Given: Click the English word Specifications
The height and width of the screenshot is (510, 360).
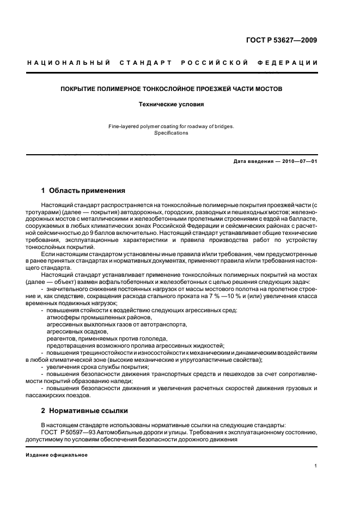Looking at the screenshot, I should tap(171, 133).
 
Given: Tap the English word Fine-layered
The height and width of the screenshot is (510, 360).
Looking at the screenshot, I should tap(123, 126).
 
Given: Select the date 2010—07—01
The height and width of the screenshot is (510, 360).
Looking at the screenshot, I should tap(297, 161).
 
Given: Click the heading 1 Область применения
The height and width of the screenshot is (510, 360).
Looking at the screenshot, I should tap(83, 191).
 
